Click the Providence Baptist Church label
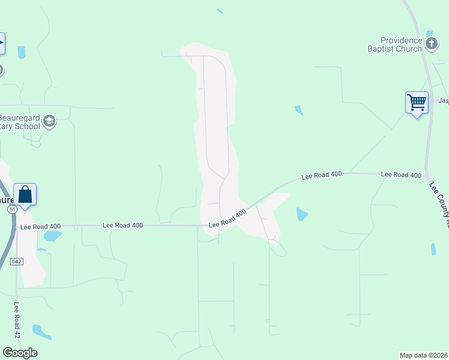394,44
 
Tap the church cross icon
431,43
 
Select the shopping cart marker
417,102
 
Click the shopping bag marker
25,194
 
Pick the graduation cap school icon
49,122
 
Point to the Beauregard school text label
20,122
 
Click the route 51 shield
12,210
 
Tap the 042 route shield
17,262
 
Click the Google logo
20,352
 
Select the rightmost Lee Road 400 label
401,175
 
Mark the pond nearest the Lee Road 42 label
41,331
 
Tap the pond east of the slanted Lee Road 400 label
302,214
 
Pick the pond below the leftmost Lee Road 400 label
52,236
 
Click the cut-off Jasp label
443,101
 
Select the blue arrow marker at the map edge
2,43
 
